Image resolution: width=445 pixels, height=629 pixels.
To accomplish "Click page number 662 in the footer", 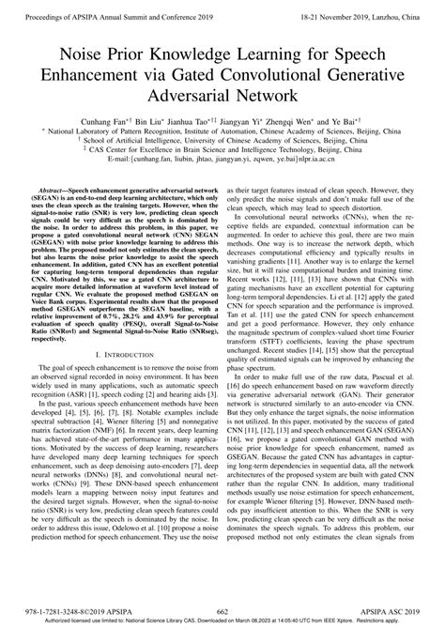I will point(222,609).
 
